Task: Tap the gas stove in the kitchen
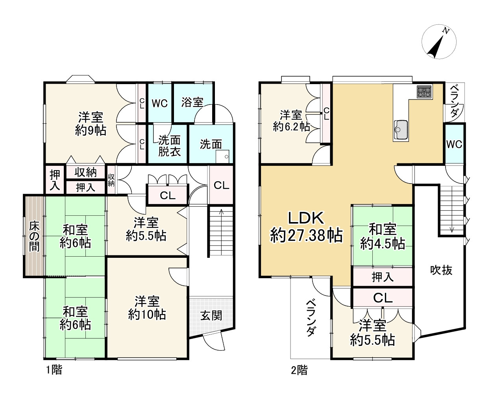(x=424, y=92)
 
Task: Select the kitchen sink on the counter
(x=401, y=129)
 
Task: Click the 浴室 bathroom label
(x=192, y=102)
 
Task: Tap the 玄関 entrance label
(x=211, y=316)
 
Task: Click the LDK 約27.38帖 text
(x=306, y=226)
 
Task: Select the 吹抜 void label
(x=441, y=270)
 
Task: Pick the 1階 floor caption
(x=54, y=370)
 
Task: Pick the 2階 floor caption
(x=299, y=370)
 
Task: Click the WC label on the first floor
(x=159, y=104)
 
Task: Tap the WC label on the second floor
(x=454, y=144)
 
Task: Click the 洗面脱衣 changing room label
(x=169, y=146)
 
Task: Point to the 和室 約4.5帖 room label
(x=383, y=237)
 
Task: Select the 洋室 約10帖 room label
(x=147, y=308)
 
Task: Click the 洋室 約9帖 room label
(x=91, y=123)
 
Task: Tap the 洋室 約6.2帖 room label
(x=291, y=121)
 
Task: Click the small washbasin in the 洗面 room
(x=222, y=156)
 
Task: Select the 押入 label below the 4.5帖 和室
(x=383, y=277)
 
